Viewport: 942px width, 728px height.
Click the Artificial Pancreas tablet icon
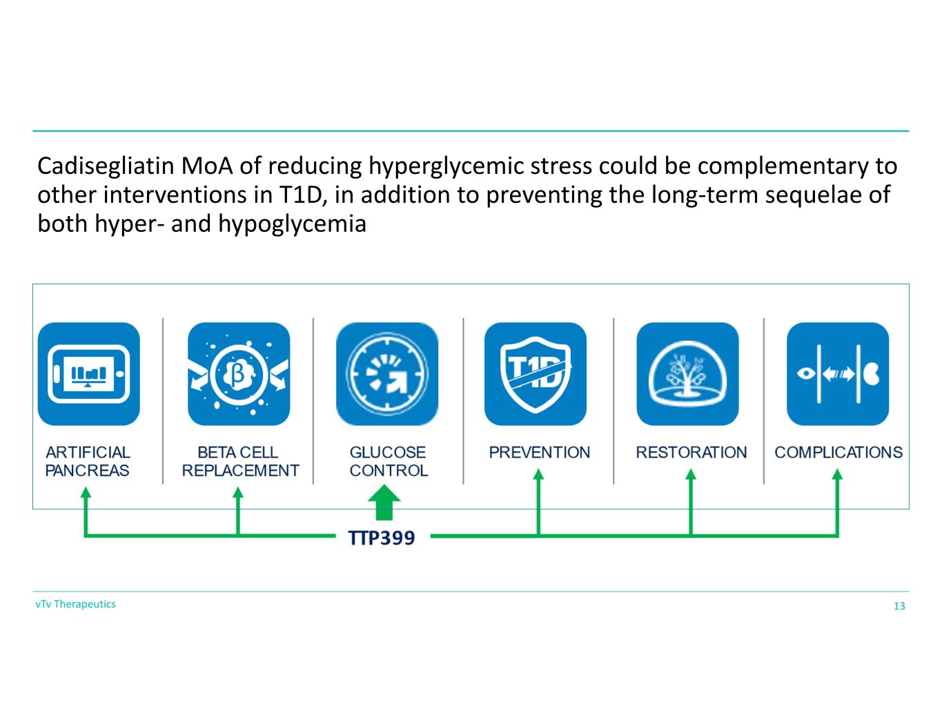point(88,374)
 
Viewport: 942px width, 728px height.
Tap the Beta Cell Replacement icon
point(239,374)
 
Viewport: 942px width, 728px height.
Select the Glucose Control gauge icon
point(387,374)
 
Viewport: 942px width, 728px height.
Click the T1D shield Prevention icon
point(536,374)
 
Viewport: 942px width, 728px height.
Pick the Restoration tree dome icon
point(687,374)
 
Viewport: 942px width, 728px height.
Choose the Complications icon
point(838,374)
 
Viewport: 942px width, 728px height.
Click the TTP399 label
point(382,538)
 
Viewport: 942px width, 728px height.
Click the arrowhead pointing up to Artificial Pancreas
point(86,492)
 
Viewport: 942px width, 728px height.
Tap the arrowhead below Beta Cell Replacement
point(238,492)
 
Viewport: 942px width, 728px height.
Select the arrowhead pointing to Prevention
point(539,474)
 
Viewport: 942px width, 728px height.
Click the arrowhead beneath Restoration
point(691,474)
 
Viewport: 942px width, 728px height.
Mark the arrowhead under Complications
point(838,474)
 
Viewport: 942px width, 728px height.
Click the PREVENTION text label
point(539,453)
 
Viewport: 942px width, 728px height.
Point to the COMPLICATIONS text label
point(838,453)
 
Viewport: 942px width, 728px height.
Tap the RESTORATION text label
point(691,453)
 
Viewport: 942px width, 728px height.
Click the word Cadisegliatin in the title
point(106,166)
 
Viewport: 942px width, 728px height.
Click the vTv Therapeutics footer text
point(76,604)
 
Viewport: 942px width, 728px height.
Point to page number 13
point(899,607)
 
